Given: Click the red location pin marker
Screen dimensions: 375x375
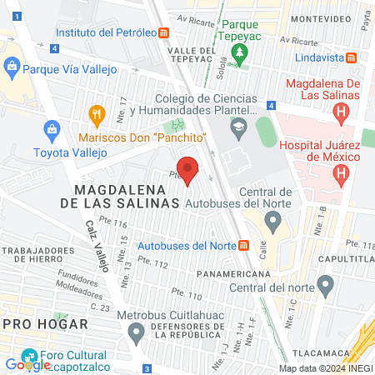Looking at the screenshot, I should [188, 169].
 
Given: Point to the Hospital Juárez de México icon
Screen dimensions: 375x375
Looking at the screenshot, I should [340, 174].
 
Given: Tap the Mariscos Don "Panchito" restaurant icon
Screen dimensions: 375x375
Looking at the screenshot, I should [97, 114].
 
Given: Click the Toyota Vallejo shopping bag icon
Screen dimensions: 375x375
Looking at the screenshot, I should [52, 130].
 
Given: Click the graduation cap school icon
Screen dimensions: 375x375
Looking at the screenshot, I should [240, 128].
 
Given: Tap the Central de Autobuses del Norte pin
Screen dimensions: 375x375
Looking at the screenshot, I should [272, 220].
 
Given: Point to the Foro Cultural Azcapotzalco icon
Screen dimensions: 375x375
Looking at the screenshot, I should [30, 353].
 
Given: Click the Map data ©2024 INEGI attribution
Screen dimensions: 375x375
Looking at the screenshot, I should [325, 368].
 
